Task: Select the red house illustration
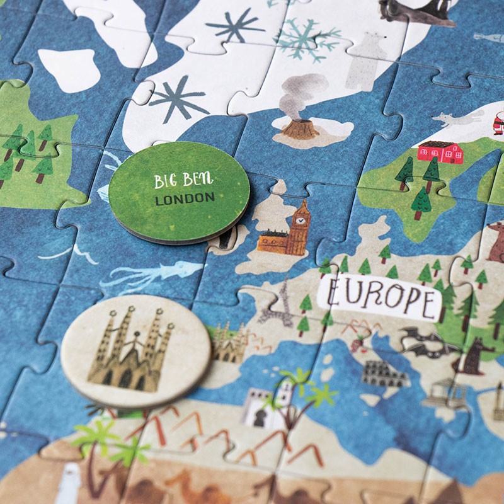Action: [440, 152]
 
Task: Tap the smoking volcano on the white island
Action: [300, 129]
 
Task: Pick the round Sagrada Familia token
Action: [135, 350]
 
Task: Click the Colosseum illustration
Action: [384, 374]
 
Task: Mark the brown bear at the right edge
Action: [497, 241]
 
